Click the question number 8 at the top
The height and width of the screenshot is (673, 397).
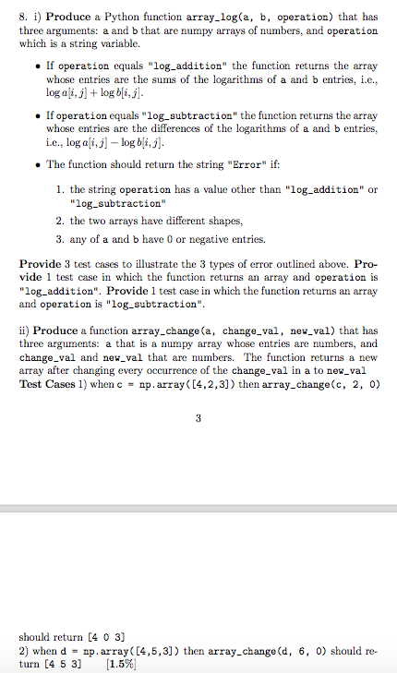click(23, 18)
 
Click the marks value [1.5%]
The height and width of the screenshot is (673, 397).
click(122, 664)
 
